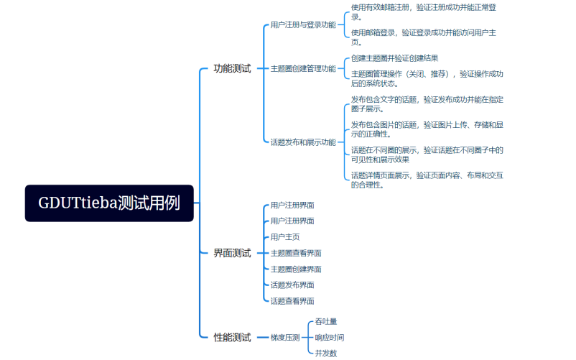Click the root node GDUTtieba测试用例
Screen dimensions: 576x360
coord(109,203)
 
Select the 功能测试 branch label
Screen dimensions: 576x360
coord(232,69)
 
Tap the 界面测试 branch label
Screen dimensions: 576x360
coord(232,253)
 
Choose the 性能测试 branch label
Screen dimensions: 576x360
coord(232,337)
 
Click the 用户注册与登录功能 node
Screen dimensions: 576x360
coord(302,24)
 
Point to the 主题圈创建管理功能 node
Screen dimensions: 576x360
coord(302,69)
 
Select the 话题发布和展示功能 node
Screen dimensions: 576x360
coord(302,142)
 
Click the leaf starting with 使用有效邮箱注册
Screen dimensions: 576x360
coord(423,11)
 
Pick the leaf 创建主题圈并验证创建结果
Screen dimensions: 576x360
coord(394,58)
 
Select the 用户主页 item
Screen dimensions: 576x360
coord(285,237)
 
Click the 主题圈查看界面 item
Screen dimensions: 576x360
coord(295,253)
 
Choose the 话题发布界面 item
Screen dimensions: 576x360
coord(292,285)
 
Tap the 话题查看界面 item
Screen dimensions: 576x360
coord(292,301)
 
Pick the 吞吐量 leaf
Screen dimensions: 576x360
coord(325,321)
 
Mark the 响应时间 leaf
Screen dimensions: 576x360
coord(329,337)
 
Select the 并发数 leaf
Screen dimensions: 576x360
coord(325,353)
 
